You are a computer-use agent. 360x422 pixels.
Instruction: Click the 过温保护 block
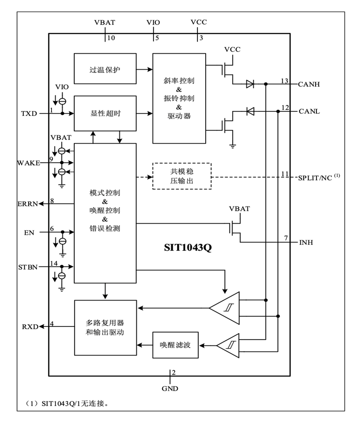(x=105, y=69)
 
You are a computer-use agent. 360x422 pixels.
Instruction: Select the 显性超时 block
(x=105, y=114)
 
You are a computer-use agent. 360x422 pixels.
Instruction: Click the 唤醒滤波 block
(x=175, y=344)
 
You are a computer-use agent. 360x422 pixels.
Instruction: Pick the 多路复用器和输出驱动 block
(x=105, y=327)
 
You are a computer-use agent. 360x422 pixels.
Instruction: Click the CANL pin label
(x=309, y=111)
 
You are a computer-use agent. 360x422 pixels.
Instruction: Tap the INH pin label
(x=306, y=242)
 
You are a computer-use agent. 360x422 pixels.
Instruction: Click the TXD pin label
(x=29, y=114)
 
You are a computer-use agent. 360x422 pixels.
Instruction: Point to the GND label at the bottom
(x=170, y=389)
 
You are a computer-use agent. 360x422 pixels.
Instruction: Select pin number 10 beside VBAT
(x=111, y=38)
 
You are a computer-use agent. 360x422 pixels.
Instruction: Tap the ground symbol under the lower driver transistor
(x=232, y=145)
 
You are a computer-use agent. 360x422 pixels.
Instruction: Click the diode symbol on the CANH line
(x=250, y=83)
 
